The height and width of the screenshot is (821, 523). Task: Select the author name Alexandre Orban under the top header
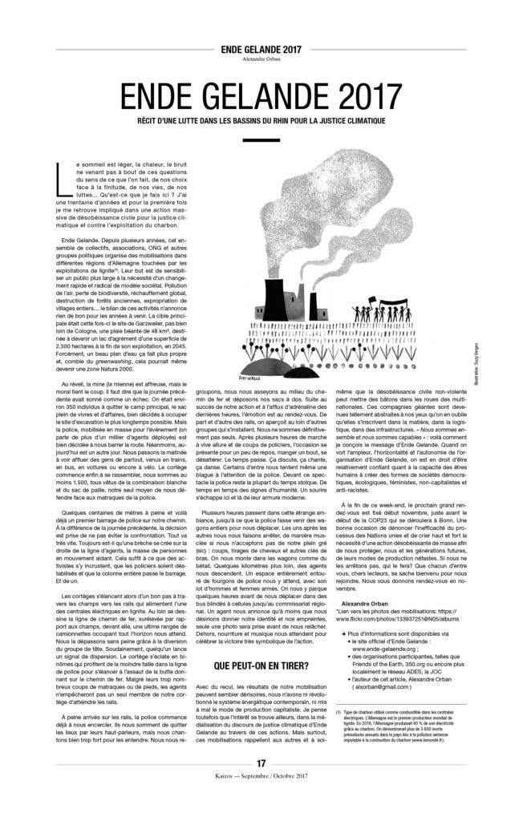[261, 59]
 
